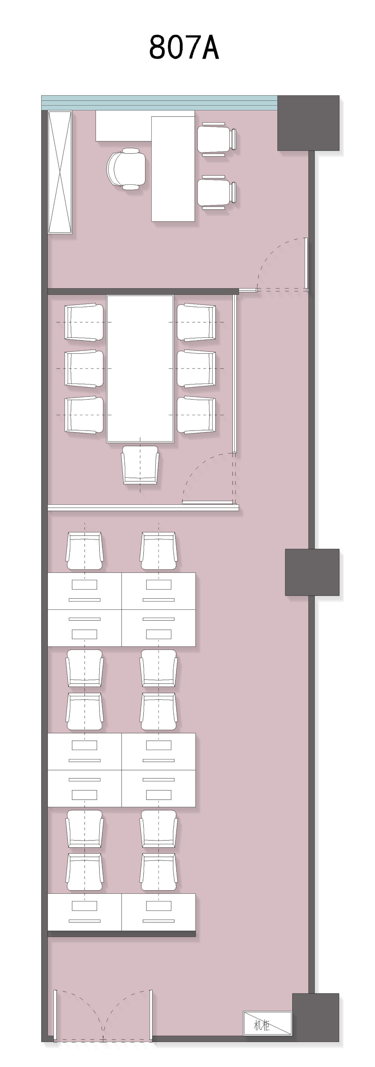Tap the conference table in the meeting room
tap(140, 369)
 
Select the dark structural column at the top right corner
tap(308, 123)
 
